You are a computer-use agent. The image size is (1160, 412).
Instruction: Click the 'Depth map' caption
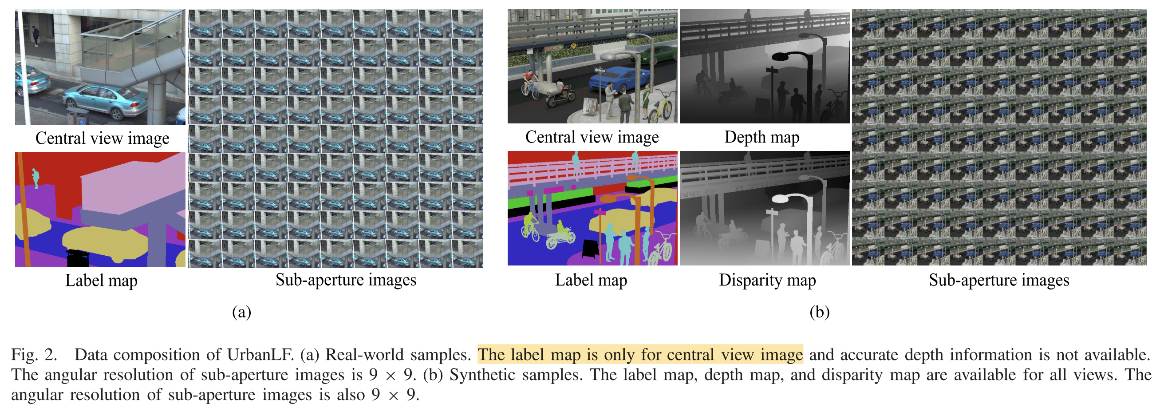[x=761, y=137]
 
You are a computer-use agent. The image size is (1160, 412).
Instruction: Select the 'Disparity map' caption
[x=767, y=280]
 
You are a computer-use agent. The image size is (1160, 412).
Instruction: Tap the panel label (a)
[x=241, y=312]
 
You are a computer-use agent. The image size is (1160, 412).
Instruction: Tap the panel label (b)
[x=819, y=312]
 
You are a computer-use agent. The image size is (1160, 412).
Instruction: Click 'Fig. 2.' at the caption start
[x=34, y=355]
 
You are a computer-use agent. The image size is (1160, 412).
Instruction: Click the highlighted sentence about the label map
[x=639, y=355]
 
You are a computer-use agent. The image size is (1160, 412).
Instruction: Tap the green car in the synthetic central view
[x=659, y=54]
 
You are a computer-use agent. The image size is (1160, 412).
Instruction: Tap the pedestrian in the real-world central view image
[x=36, y=36]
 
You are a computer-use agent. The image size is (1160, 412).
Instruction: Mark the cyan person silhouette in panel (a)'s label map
[x=36, y=178]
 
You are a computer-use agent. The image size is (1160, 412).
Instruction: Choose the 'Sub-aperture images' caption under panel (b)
[x=998, y=280]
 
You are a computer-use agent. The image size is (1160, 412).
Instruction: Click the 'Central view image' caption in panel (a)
[x=102, y=138]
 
